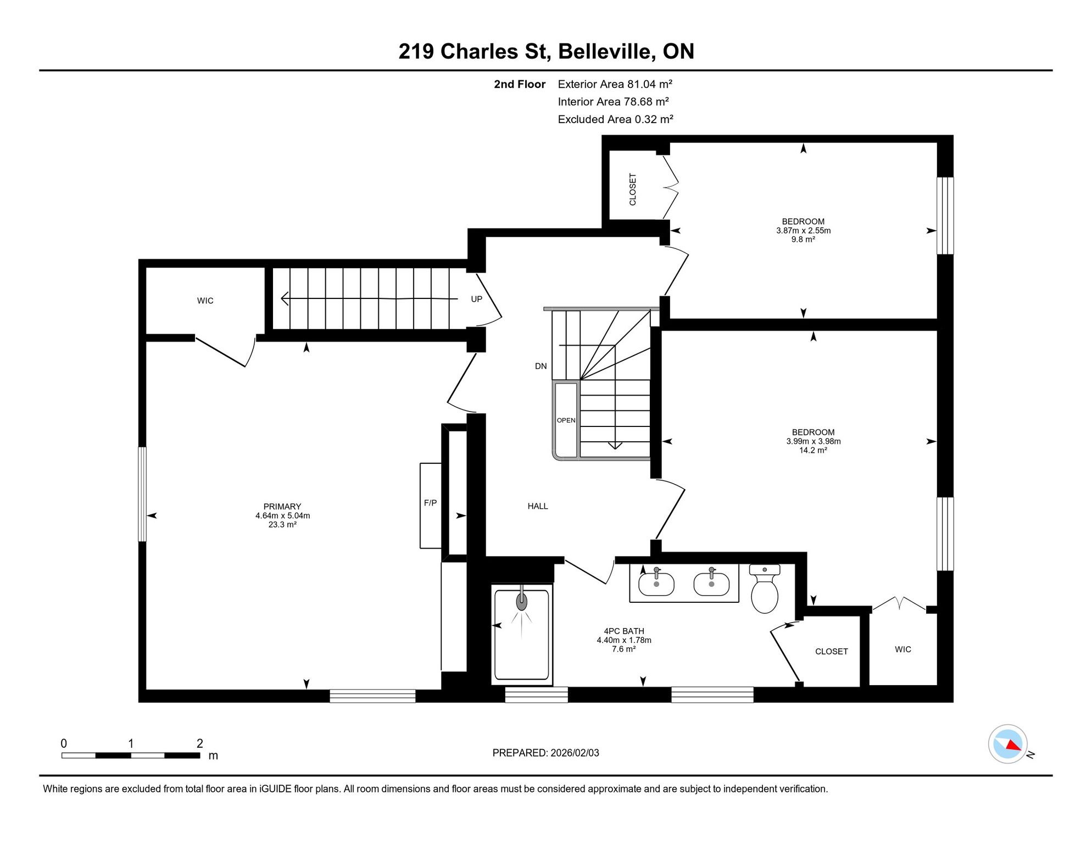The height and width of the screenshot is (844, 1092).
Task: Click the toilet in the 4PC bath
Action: point(765,589)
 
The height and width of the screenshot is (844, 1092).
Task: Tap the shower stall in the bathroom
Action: point(521,635)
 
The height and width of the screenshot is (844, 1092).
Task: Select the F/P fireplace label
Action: point(430,503)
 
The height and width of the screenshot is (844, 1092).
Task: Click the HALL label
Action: point(538,506)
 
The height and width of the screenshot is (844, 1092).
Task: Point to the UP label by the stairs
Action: point(476,299)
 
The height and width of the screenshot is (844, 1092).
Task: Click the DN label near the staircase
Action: point(541,366)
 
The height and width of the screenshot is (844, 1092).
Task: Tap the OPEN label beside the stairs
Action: point(566,420)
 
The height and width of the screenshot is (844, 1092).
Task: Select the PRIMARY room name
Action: point(282,507)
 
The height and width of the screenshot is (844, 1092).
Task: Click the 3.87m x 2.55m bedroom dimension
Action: point(803,231)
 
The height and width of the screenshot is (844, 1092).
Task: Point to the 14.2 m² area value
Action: point(813,450)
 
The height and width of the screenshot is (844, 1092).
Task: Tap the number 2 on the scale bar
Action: point(200,743)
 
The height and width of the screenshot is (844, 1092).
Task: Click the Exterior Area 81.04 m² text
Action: point(615,84)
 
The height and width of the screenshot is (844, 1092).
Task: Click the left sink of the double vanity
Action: point(656,584)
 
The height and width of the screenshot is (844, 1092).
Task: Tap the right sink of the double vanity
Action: point(711,584)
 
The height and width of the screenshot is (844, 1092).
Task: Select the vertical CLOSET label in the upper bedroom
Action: point(633,190)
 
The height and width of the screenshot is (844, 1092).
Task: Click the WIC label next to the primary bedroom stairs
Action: point(205,301)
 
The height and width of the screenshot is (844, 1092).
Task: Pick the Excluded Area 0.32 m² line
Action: point(615,119)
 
